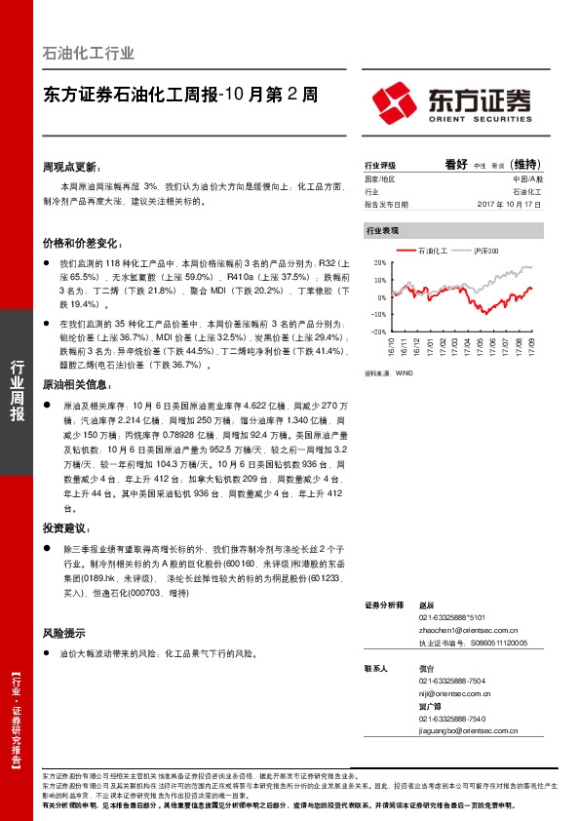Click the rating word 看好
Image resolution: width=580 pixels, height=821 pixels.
click(456, 165)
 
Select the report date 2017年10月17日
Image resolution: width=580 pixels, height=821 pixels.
click(510, 205)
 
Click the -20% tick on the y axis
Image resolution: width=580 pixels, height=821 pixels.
click(378, 331)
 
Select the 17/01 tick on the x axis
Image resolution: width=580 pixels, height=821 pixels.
click(428, 345)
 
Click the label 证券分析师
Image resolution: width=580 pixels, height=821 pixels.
click(383, 606)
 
